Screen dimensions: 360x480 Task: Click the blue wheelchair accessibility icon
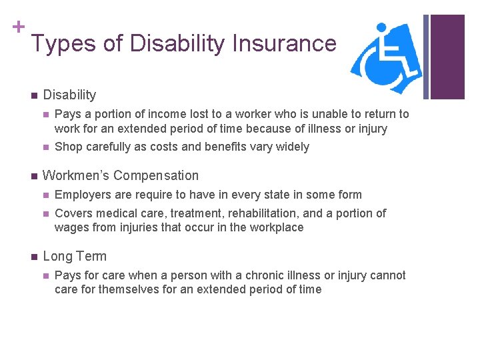386,59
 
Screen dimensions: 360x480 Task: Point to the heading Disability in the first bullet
69,95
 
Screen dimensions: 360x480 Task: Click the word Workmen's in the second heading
76,176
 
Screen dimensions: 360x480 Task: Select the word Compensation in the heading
156,176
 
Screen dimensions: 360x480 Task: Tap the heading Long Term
75,257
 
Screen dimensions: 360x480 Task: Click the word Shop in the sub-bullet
68,147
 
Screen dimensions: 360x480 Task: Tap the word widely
291,147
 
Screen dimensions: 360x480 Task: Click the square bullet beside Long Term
31,257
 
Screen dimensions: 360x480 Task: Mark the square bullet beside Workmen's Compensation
31,176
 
